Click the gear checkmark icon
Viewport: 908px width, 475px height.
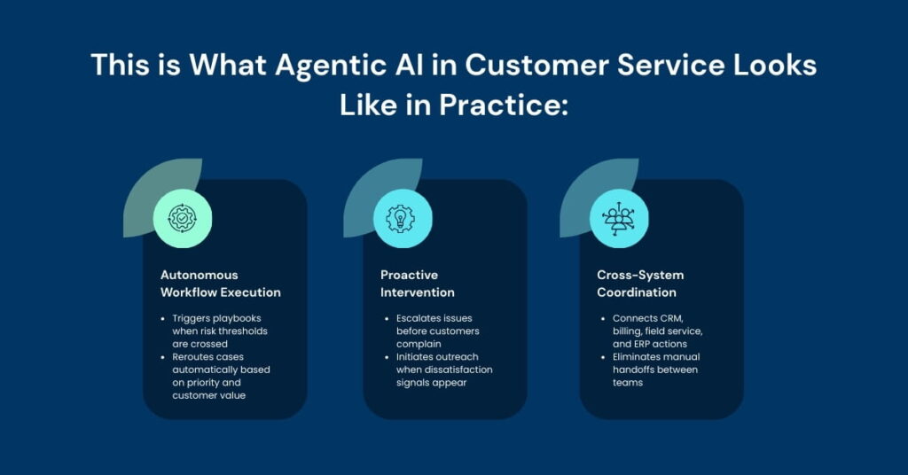coord(183,217)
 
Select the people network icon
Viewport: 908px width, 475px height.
coord(619,218)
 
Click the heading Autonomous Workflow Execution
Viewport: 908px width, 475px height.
coord(221,284)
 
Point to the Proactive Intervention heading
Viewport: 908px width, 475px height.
coord(418,284)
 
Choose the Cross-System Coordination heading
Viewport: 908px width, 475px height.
coord(640,284)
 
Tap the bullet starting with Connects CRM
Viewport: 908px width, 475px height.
coord(657,331)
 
